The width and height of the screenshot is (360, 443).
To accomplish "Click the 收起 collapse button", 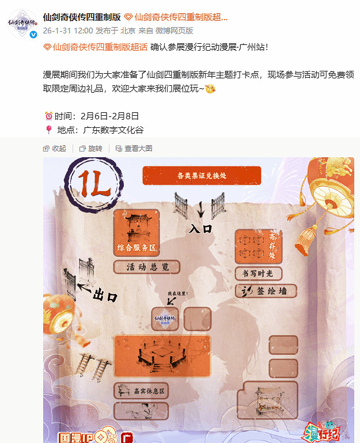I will (x=55, y=148).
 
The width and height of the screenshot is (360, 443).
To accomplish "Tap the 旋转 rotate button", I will (x=91, y=148).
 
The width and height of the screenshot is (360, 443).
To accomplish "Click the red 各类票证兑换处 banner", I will (x=202, y=176).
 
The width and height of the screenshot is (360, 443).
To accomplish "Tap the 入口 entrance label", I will (x=200, y=229).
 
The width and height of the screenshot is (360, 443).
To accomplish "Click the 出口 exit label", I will (x=105, y=297).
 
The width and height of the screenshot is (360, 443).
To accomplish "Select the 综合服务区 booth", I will (x=137, y=233).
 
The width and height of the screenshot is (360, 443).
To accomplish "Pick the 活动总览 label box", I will (x=146, y=267).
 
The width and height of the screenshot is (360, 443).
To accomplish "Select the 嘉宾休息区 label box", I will (x=141, y=391).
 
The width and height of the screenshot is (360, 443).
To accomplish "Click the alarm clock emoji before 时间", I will (x=48, y=116).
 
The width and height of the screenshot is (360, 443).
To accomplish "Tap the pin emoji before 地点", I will (x=48, y=130).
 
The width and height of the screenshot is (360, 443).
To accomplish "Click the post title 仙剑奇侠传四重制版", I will (x=82, y=17).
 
